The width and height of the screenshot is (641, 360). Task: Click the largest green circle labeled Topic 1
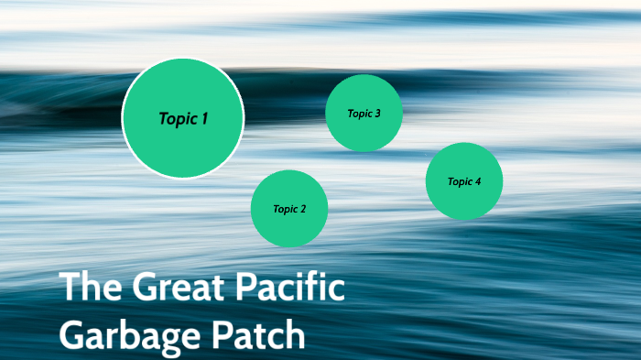click(x=183, y=117)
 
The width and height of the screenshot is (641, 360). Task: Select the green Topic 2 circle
click(x=289, y=209)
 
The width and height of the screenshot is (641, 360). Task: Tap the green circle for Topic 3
click(x=364, y=113)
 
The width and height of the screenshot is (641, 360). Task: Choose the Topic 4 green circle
click(x=464, y=181)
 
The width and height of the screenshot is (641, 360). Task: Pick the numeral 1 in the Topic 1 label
click(x=205, y=118)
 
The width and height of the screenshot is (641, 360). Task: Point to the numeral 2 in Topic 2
click(x=303, y=209)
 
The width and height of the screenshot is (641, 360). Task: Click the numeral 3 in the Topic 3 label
click(x=377, y=114)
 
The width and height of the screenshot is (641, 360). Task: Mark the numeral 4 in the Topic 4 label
click(x=478, y=181)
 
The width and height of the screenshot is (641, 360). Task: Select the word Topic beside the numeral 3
click(x=359, y=114)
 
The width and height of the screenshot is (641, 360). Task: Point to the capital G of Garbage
click(x=73, y=334)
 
